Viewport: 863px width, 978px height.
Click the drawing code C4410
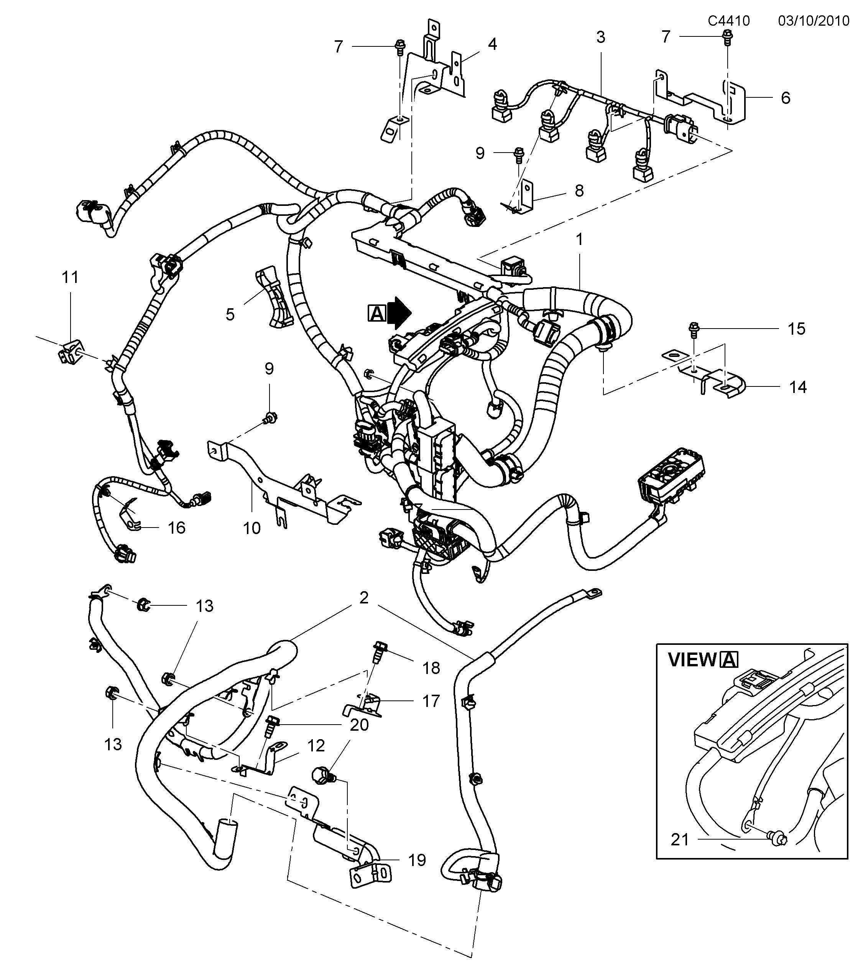pyautogui.click(x=728, y=21)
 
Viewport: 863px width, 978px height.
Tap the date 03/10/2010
pyautogui.click(x=813, y=21)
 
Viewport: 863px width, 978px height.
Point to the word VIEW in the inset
pyautogui.click(x=692, y=660)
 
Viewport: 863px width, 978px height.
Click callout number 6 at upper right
pyautogui.click(x=786, y=98)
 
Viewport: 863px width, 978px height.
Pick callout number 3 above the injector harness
pyautogui.click(x=600, y=37)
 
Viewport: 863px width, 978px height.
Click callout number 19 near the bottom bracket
pyautogui.click(x=417, y=860)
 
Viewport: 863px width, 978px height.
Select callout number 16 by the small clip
pyautogui.click(x=176, y=528)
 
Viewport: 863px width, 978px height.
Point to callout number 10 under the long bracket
pyautogui.click(x=252, y=528)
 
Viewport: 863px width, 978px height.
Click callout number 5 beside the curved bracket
pyautogui.click(x=230, y=315)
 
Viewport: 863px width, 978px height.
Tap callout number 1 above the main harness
pyautogui.click(x=579, y=239)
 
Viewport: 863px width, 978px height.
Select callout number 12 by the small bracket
pyautogui.click(x=316, y=745)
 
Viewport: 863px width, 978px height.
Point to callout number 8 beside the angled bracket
pyautogui.click(x=579, y=191)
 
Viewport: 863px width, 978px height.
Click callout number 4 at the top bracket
pyautogui.click(x=492, y=44)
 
